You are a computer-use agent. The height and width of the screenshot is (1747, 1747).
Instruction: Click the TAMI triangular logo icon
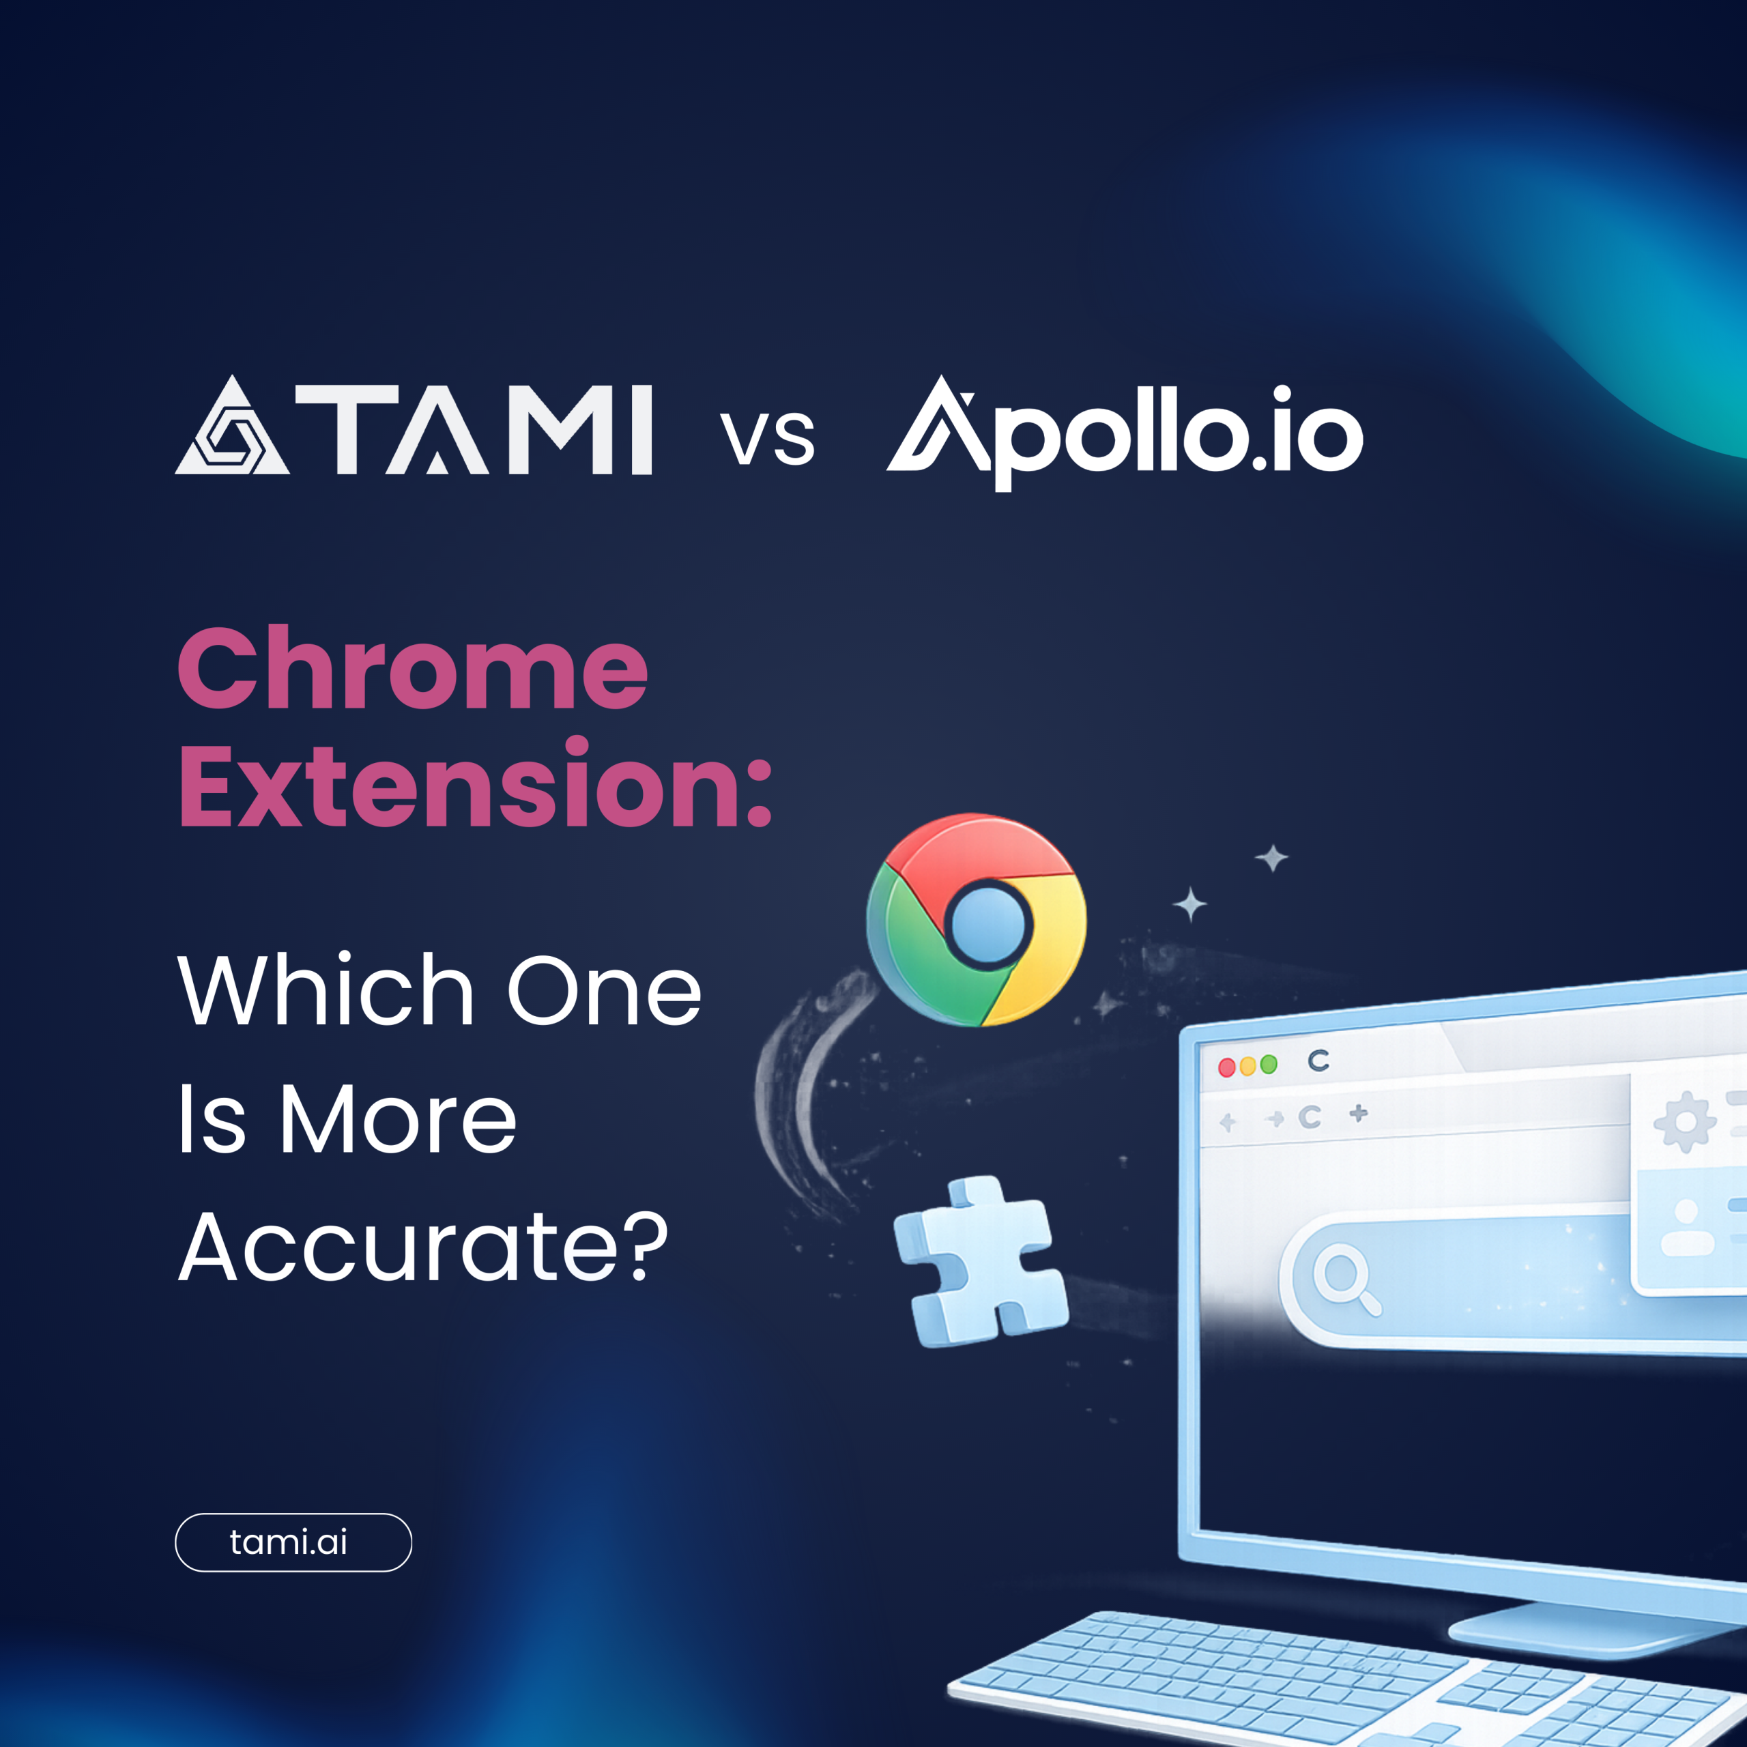(x=233, y=426)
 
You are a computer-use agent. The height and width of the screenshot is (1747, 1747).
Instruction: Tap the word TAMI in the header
(x=474, y=429)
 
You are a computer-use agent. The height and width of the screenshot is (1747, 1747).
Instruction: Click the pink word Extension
(x=475, y=783)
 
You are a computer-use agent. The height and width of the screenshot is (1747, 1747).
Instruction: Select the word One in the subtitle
(x=604, y=990)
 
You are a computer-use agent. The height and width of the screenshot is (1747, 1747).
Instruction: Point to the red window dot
(x=1227, y=1068)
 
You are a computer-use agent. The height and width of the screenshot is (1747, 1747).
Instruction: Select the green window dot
(x=1269, y=1065)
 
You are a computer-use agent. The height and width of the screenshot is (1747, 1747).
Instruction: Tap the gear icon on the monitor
(x=1685, y=1122)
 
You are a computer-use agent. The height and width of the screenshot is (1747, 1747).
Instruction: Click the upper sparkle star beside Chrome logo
(x=1271, y=857)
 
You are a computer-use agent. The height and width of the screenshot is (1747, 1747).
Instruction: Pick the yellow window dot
(x=1248, y=1066)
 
